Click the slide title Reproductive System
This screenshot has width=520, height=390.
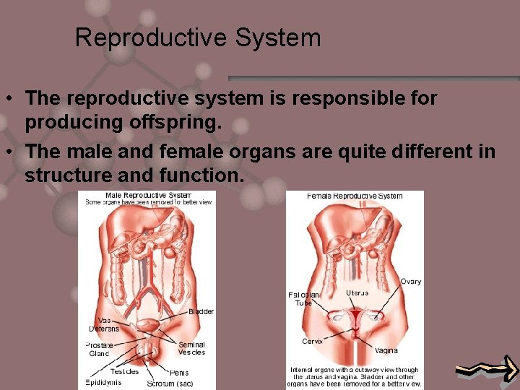[x=197, y=38]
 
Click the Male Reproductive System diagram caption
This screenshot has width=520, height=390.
[x=148, y=195]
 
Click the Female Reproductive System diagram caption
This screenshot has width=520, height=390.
[x=355, y=196]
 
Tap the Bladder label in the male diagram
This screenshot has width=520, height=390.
[x=201, y=311]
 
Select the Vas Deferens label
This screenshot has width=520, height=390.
[x=104, y=324]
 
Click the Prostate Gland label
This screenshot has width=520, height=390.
[x=99, y=349]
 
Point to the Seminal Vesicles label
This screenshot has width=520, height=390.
[x=191, y=348]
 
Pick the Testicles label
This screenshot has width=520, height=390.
[x=125, y=372]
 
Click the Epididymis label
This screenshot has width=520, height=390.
[x=103, y=382]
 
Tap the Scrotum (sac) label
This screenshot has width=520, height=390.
[x=170, y=383]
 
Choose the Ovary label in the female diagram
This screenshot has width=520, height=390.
[x=411, y=282]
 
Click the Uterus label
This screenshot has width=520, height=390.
[x=357, y=292]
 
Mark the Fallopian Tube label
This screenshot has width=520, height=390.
[x=303, y=299]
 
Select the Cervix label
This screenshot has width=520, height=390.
[x=312, y=341]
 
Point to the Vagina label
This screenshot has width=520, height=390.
[x=386, y=350]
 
